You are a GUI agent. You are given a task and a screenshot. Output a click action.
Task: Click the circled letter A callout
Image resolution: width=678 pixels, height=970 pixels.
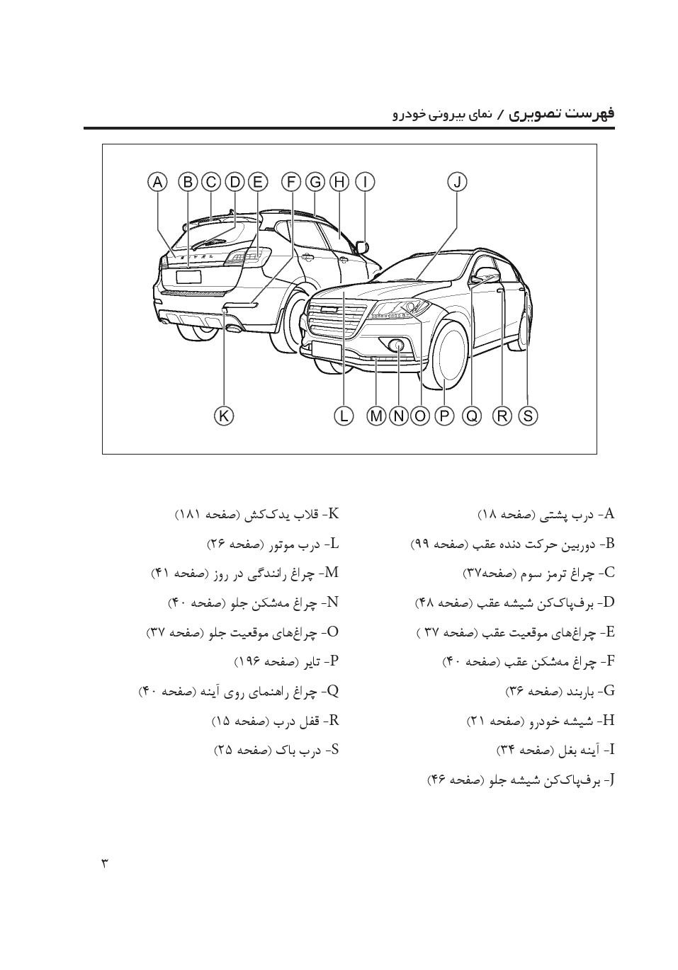[x=157, y=182]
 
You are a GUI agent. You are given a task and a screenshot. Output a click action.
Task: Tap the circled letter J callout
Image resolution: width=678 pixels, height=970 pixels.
[x=458, y=182]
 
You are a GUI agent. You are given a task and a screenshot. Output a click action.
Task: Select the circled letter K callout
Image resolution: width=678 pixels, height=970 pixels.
[x=224, y=416]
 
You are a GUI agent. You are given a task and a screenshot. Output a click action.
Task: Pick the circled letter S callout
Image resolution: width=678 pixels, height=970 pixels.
[x=528, y=416]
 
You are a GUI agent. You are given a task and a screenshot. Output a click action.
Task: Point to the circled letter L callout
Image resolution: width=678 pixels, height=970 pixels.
[x=344, y=416]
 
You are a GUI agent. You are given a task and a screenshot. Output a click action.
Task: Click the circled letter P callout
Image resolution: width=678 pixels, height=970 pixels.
[x=444, y=416]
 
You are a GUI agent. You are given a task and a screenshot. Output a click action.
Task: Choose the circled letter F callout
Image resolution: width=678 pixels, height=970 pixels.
[x=291, y=182]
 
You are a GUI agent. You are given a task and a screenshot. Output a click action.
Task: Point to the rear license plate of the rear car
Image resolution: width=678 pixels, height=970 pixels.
[x=188, y=277]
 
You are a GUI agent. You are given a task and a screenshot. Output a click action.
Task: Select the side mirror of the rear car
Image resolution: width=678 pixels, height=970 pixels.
[x=363, y=246]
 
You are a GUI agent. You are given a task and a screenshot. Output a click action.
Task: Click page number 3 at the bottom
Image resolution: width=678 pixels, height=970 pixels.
[x=104, y=863]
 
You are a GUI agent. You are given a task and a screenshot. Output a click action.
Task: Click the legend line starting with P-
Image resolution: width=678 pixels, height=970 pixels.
[x=286, y=661]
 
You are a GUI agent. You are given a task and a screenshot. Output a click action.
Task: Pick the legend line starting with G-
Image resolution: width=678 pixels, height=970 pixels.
[x=560, y=690]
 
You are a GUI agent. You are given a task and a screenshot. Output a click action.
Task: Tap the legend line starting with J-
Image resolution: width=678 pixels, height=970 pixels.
[x=520, y=780]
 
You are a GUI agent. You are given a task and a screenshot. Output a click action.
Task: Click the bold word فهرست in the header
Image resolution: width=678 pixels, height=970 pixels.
[x=589, y=113]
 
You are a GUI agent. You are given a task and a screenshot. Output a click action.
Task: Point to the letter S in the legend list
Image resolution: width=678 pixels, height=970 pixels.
[x=334, y=749]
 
